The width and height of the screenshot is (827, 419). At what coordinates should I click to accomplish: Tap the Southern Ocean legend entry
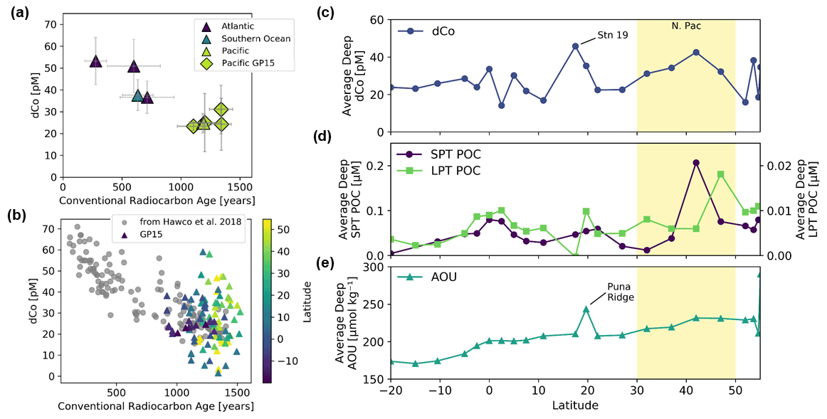256,38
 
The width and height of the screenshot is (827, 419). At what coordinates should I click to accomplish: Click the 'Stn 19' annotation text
613,33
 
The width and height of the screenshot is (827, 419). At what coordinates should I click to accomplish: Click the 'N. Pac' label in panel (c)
685,26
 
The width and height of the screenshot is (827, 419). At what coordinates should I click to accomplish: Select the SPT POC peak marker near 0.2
696,163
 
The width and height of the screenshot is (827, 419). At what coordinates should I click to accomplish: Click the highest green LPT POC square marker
721,174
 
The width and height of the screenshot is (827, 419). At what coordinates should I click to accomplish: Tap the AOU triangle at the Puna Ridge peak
586,309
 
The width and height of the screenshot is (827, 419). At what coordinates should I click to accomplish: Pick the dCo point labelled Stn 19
576,46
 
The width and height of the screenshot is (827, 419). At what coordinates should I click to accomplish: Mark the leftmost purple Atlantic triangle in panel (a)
96,61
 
